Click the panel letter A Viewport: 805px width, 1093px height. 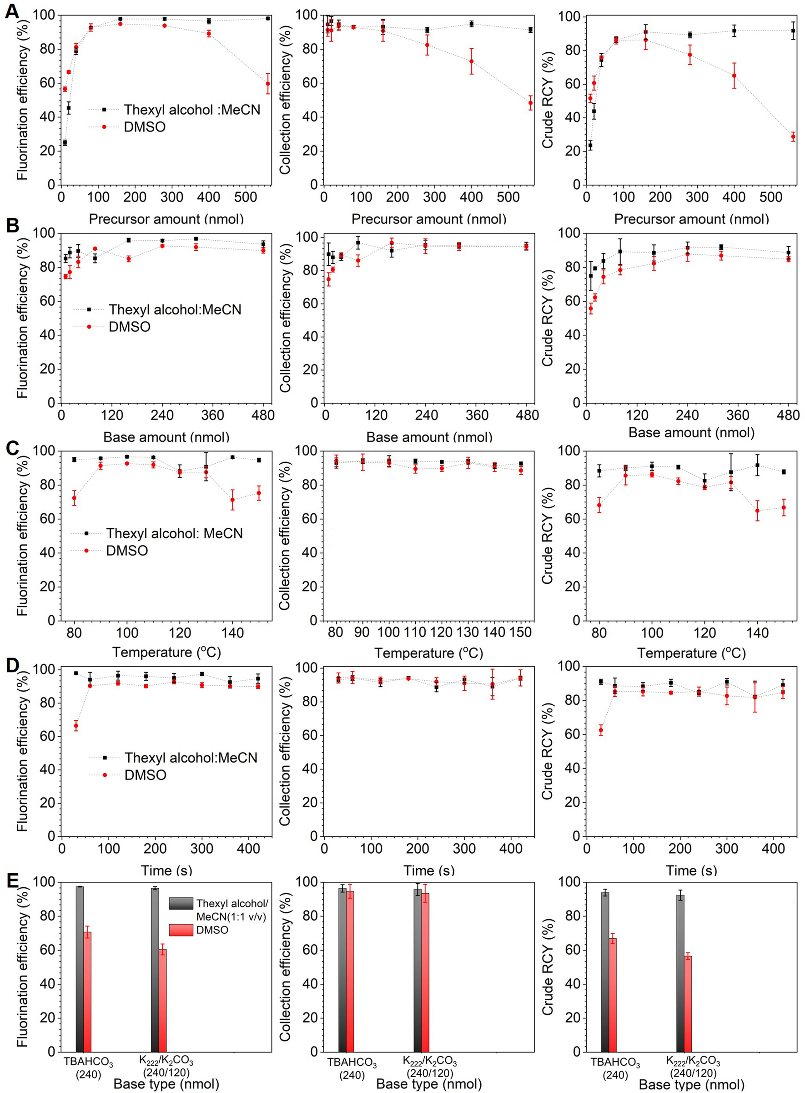[12, 11]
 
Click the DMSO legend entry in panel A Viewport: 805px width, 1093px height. [145, 127]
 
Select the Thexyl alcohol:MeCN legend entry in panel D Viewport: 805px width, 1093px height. [191, 758]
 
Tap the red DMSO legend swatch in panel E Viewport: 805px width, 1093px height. [181, 930]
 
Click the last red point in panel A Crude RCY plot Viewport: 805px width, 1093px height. [793, 137]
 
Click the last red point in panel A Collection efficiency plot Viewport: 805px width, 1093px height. [531, 103]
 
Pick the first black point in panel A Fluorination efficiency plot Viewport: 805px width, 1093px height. [65, 143]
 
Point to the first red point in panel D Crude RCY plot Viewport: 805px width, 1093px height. [601, 730]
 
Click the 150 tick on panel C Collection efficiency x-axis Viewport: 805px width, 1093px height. [520, 633]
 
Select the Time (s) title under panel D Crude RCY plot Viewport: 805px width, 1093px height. [691, 870]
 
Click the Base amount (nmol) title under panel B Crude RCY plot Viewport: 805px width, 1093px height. [691, 432]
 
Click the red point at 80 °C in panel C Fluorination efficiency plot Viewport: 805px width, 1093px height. [74, 498]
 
